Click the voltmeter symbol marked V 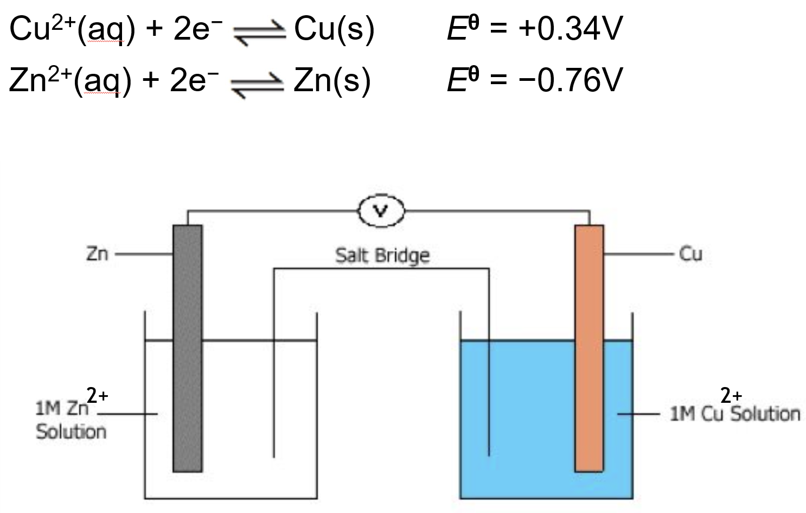tap(381, 211)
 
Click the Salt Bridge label tap(382, 255)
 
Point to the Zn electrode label tap(97, 254)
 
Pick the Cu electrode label tap(690, 254)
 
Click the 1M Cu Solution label tap(735, 414)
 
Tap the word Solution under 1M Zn tap(71, 432)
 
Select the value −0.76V tap(570, 80)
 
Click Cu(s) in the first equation tap(334, 29)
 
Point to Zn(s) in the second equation tap(332, 81)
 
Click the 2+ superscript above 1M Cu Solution tap(731, 395)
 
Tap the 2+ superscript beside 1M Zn tap(98, 395)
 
